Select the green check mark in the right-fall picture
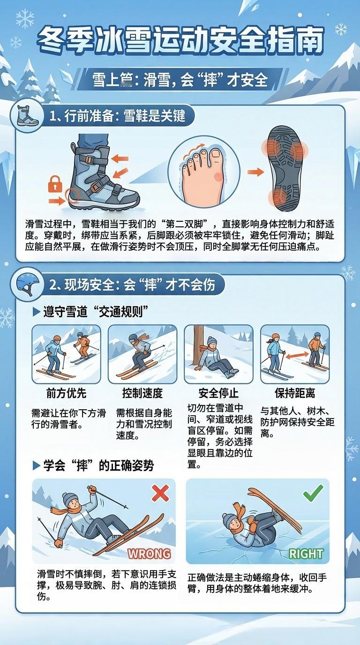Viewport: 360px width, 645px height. (x=313, y=493)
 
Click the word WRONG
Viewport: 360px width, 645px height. (x=149, y=554)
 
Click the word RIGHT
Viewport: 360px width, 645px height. (x=306, y=554)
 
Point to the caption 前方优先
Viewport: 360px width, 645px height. (x=66, y=393)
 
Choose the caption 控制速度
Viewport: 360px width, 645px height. (x=142, y=393)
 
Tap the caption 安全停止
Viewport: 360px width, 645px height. (x=218, y=393)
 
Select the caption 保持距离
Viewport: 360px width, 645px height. (x=295, y=393)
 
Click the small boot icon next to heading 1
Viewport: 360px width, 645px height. (x=27, y=115)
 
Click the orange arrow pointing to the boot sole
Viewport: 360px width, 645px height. (x=255, y=172)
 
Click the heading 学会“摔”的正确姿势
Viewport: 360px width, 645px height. (x=98, y=465)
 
